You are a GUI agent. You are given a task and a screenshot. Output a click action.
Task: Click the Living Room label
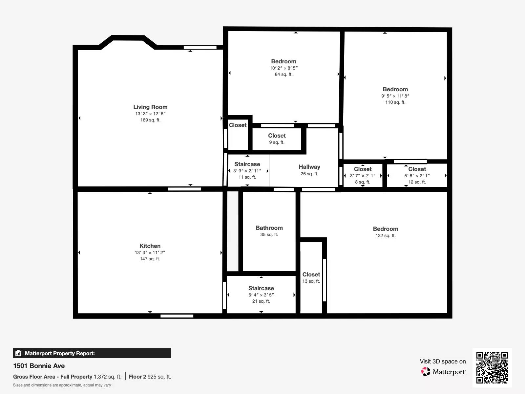tap(150, 107)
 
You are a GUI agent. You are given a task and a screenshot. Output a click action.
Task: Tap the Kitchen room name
tap(150, 246)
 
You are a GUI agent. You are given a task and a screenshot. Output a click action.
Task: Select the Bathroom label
tap(269, 228)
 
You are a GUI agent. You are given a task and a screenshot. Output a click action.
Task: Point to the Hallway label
tap(309, 167)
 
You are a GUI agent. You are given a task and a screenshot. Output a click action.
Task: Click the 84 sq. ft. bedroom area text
tap(284, 74)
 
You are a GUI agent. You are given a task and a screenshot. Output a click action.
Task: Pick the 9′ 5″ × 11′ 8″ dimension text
tap(395, 96)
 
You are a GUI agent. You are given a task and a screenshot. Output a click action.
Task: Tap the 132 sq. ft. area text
tap(386, 235)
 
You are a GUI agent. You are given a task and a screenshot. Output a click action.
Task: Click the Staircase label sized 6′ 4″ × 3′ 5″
tap(261, 288)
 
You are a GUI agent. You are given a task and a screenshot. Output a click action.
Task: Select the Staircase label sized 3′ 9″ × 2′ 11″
tap(247, 164)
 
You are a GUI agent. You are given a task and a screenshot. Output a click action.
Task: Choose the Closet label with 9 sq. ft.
tap(277, 135)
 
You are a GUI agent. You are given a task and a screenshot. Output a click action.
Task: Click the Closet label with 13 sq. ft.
tap(311, 274)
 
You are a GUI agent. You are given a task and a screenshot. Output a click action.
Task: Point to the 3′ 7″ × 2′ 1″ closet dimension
tap(363, 176)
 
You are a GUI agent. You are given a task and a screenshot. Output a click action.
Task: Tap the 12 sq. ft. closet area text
tap(417, 182)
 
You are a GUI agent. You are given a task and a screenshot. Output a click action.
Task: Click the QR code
tap(492, 367)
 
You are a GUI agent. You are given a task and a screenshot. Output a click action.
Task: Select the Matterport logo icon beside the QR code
tap(426, 372)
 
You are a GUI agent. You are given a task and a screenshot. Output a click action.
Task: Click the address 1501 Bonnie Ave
tap(39, 366)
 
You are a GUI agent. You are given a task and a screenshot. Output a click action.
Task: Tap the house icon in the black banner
tap(18, 353)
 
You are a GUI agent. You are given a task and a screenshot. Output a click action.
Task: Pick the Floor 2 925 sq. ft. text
tap(150, 377)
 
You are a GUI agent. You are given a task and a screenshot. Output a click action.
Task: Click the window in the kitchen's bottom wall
tap(177, 316)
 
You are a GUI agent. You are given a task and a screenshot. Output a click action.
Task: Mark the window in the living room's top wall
tap(200, 47)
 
